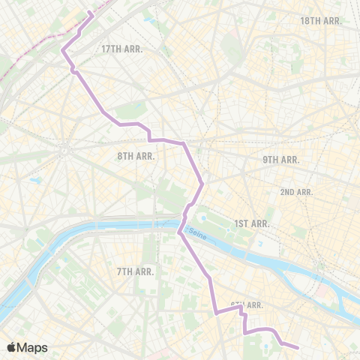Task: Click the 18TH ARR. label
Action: pyautogui.click(x=320, y=21)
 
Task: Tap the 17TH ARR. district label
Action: pyautogui.click(x=121, y=49)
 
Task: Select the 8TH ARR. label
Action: pyautogui.click(x=135, y=156)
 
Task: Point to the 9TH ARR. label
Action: pyautogui.click(x=280, y=160)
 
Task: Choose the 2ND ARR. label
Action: pyautogui.click(x=296, y=192)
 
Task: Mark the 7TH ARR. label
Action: pyautogui.click(x=136, y=271)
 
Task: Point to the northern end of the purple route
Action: pyautogui.click(x=91, y=13)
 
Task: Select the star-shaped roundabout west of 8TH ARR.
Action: pyautogui.click(x=65, y=148)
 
